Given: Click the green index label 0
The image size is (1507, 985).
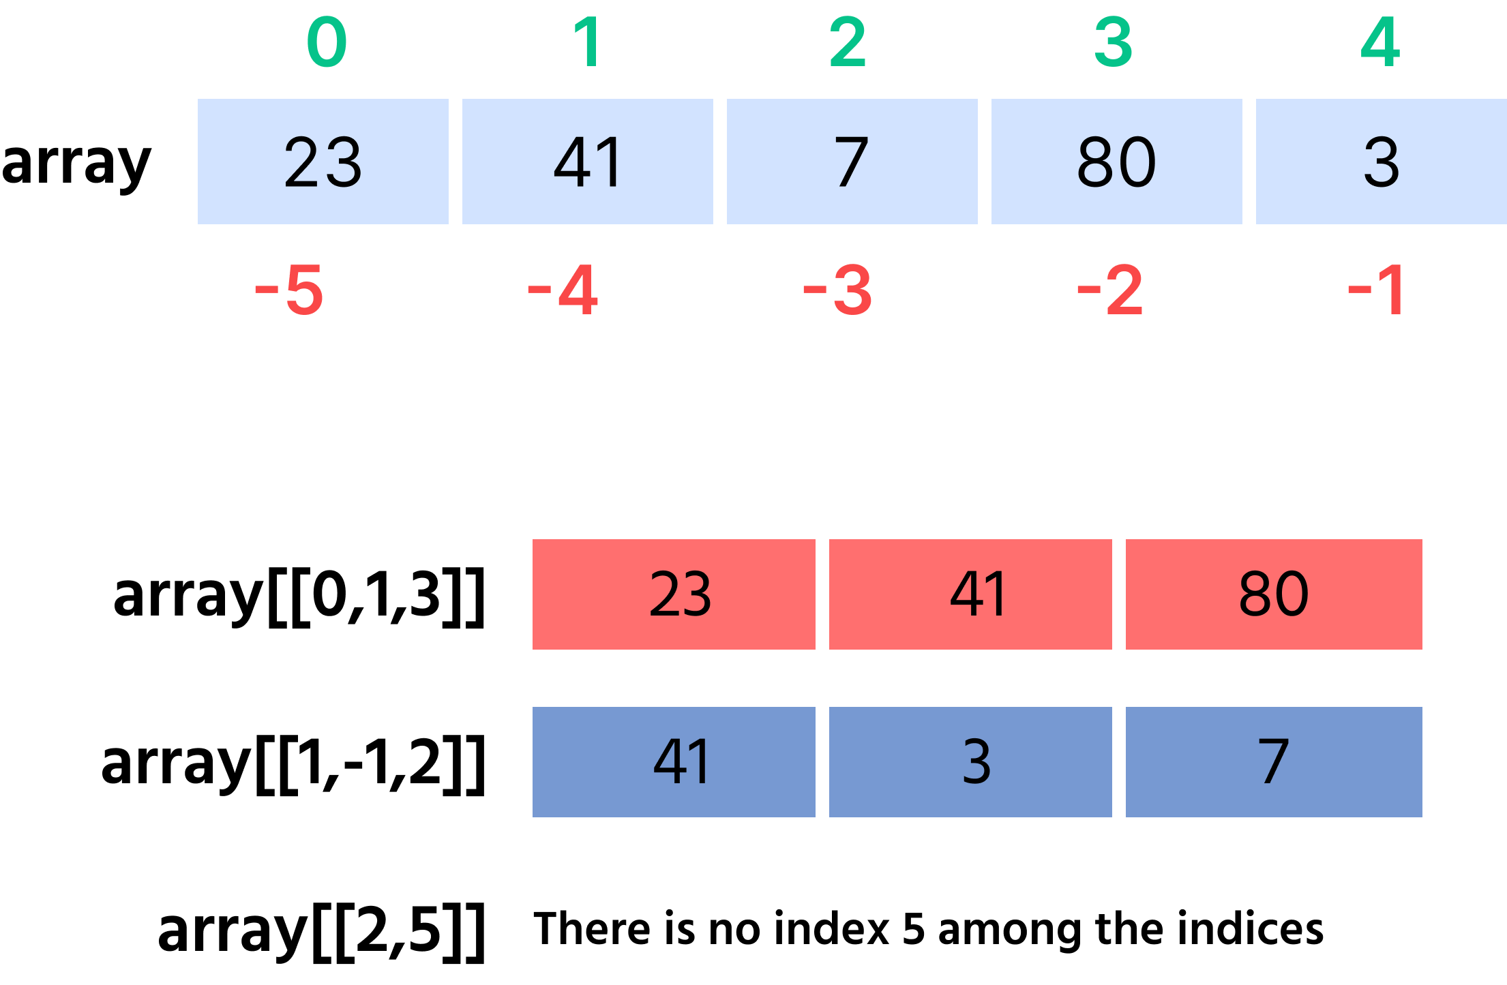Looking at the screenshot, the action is [x=327, y=42].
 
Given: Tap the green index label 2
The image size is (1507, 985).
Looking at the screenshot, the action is [x=848, y=42].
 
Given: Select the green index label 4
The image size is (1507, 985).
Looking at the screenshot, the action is [x=1380, y=42].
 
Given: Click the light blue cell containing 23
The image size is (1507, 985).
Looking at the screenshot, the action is [x=323, y=162].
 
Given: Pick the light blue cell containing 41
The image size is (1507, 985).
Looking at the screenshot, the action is [x=588, y=162].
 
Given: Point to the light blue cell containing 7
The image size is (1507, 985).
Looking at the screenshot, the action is [x=852, y=162].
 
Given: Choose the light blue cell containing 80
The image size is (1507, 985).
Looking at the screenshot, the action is [x=1117, y=162].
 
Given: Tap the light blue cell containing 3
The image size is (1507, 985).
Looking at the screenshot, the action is [x=1382, y=162].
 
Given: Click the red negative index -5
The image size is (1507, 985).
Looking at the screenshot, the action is [x=289, y=290].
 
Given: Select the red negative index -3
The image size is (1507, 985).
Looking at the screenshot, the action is [x=837, y=290].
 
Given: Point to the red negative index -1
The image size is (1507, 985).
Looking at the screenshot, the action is [x=1375, y=290].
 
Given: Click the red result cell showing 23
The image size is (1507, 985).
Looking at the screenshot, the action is [x=674, y=594].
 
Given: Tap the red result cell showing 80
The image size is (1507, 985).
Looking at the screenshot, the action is [x=1274, y=594].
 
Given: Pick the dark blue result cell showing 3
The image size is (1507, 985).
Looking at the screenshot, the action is [x=970, y=762].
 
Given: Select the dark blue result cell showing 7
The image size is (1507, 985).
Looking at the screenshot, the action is [x=1274, y=762].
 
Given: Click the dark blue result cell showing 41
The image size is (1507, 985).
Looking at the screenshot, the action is [x=674, y=762].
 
